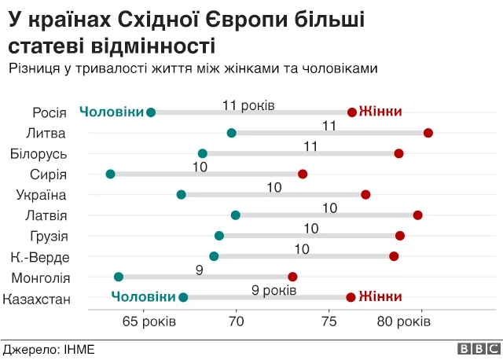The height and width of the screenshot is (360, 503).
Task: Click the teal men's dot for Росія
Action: [151, 112]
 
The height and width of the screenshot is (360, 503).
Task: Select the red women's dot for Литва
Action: [428, 133]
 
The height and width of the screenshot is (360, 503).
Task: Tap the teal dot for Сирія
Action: [110, 174]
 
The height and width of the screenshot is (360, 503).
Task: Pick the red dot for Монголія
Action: [292, 277]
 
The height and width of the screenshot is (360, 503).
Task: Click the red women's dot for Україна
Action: [365, 194]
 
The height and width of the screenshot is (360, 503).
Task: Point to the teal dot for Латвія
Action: [235, 215]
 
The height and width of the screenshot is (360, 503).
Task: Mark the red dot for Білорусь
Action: [398, 153]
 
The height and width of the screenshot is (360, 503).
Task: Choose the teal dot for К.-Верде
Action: [214, 256]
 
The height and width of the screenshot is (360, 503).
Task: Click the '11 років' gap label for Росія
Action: [248, 105]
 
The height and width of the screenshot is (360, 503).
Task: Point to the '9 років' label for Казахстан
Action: [274, 290]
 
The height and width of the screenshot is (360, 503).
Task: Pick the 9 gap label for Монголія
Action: [200, 270]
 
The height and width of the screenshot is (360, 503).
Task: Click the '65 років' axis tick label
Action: [143, 321]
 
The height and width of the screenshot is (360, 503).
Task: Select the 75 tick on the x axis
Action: [329, 321]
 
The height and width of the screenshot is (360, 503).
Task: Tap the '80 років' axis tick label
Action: [403, 321]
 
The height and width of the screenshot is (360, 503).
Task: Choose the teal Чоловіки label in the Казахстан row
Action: [142, 296]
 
